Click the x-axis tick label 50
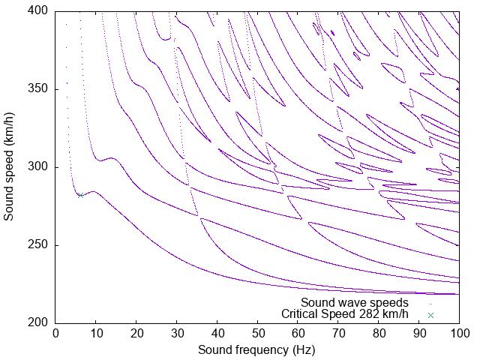tap(257, 332)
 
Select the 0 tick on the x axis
tap(55, 332)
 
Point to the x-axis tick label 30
tap(176, 332)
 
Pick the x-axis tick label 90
tap(418, 332)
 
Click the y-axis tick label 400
tap(39, 11)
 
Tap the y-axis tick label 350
tap(39, 89)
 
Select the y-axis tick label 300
tap(39, 167)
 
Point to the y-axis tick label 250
tap(39, 245)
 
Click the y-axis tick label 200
tap(39, 323)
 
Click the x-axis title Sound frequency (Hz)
tap(256, 349)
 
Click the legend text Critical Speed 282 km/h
tap(345, 314)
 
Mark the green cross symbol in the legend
tap(430, 315)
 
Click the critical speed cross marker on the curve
tap(79, 196)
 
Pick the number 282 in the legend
tap(370, 314)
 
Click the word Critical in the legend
tap(299, 314)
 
